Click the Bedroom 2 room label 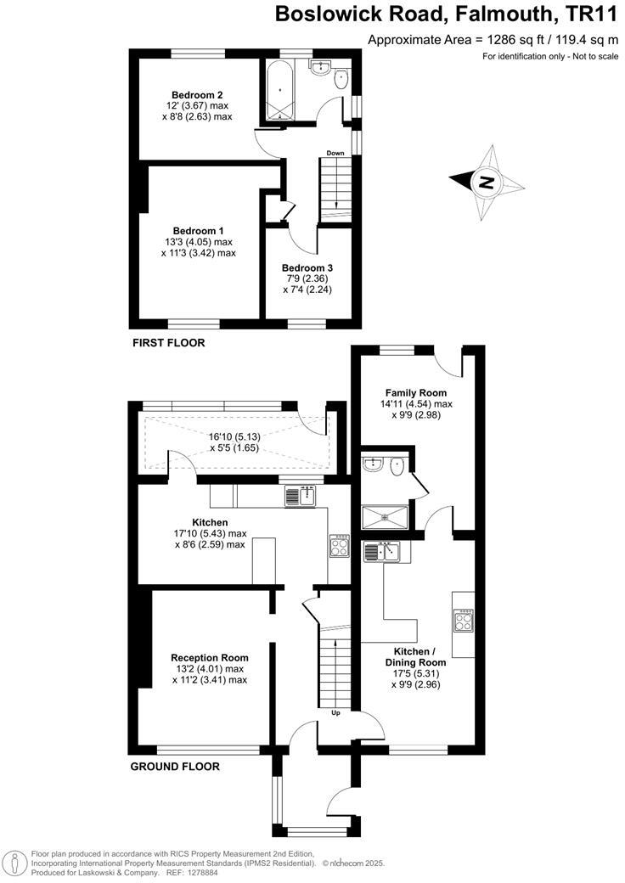(x=196, y=94)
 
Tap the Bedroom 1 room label (x=198, y=230)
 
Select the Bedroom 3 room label (x=307, y=267)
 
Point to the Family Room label (x=415, y=392)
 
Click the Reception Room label (x=209, y=657)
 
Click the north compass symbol (x=486, y=182)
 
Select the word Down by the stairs (x=335, y=153)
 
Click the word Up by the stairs (x=335, y=712)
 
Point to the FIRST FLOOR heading (x=168, y=343)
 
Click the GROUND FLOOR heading (x=175, y=767)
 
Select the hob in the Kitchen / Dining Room (x=465, y=621)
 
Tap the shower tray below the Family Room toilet (x=386, y=518)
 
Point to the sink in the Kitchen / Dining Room (x=382, y=552)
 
